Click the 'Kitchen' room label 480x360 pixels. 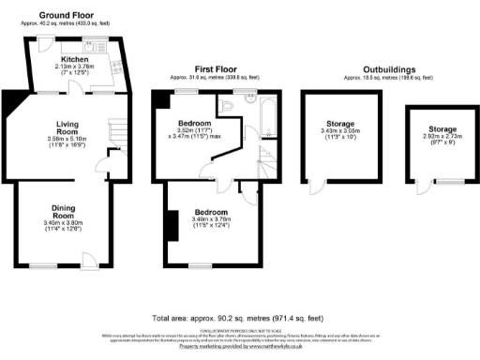74,58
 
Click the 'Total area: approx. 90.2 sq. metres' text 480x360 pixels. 239,318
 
